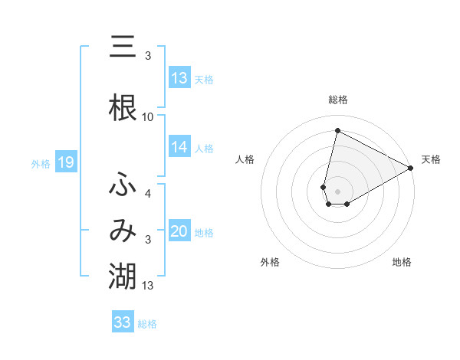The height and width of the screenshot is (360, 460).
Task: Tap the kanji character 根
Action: [123, 106]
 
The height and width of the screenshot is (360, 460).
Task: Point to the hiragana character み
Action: [123, 231]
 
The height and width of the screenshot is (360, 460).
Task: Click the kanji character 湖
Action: [123, 276]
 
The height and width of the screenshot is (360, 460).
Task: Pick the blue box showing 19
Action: [65, 162]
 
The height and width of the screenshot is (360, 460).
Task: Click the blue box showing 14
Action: [179, 148]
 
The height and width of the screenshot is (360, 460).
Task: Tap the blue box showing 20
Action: [179, 232]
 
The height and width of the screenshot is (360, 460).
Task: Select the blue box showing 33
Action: [123, 322]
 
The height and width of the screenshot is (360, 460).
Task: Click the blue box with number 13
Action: [179, 78]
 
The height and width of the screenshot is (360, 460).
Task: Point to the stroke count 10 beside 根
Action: [148, 117]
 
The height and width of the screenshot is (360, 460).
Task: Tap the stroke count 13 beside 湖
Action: [148, 286]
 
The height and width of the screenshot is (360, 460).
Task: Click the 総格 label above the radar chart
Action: [338, 100]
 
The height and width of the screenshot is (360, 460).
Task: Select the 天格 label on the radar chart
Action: [432, 159]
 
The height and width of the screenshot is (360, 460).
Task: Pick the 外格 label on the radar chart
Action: [270, 263]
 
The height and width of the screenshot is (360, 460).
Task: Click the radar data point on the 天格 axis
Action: [411, 169]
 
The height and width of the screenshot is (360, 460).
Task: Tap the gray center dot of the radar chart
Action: [338, 191]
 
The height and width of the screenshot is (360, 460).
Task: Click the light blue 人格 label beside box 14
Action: [204, 149]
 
